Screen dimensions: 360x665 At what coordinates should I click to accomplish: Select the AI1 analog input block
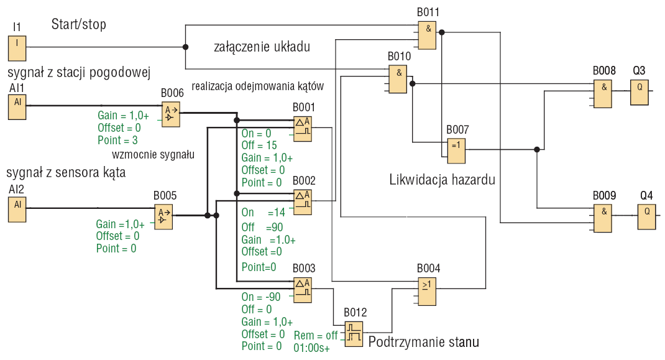tap(17, 106)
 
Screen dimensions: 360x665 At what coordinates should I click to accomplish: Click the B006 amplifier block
tap(170, 114)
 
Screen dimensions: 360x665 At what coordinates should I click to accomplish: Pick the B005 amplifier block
tap(163, 216)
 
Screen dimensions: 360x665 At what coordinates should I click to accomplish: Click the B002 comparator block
tap(303, 201)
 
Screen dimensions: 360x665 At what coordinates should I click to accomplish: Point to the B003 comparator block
tap(303, 290)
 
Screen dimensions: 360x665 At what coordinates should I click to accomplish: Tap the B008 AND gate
tap(602, 94)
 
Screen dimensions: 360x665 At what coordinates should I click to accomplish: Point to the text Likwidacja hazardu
tap(442, 181)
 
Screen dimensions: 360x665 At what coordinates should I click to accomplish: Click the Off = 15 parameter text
tap(259, 145)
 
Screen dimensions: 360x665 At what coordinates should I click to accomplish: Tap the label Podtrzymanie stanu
tap(423, 342)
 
